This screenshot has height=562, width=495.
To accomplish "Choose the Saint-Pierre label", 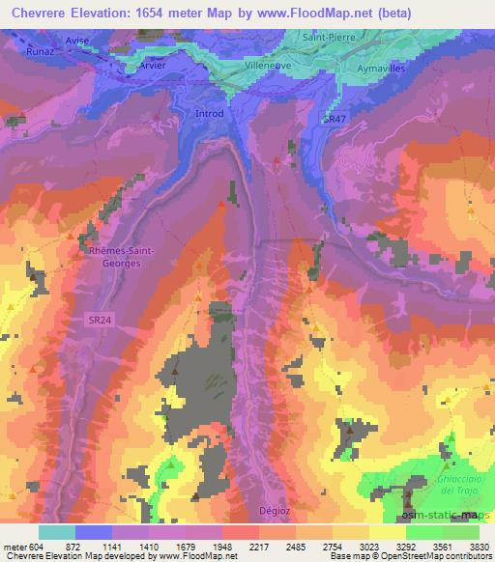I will click(329, 37).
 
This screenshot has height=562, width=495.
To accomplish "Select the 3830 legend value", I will click(480, 545).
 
